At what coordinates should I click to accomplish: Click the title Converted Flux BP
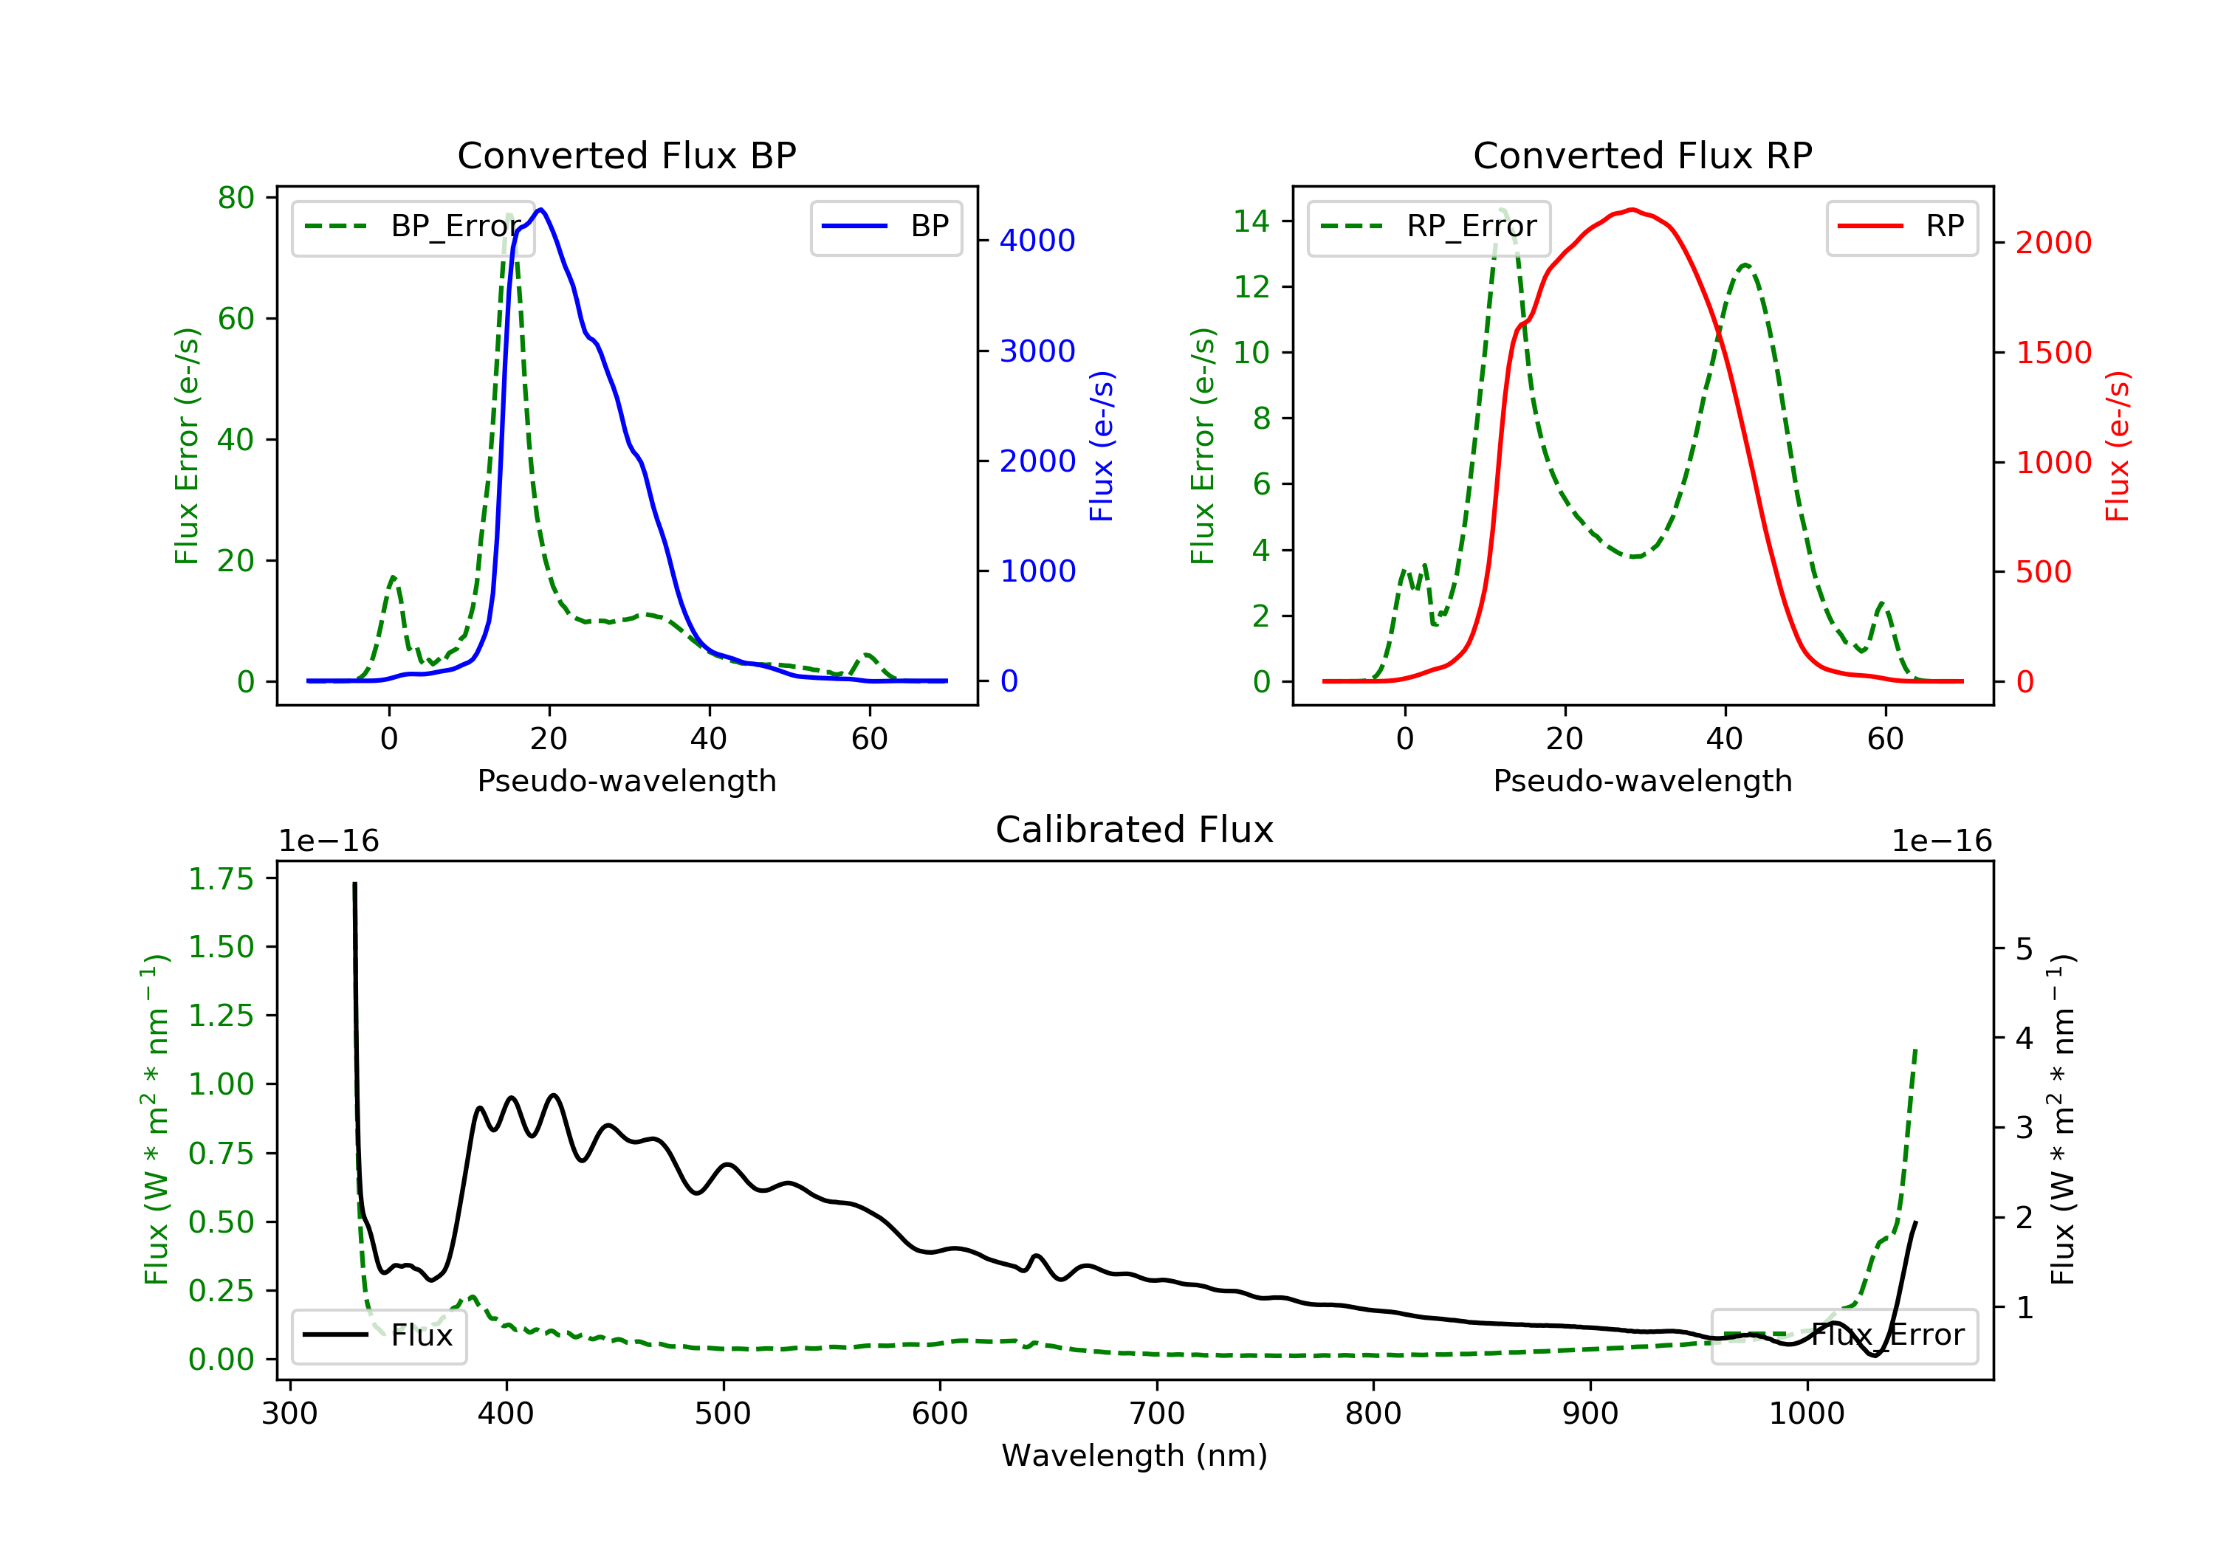626,155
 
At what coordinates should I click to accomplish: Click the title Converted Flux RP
1642,155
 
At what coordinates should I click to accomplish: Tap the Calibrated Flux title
1135,830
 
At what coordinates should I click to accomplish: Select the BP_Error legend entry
413,227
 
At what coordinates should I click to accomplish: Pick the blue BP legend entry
885,227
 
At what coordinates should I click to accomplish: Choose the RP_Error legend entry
1429,227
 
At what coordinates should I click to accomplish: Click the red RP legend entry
1901,227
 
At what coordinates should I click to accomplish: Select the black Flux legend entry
378,1335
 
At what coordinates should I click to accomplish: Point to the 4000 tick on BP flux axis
1037,240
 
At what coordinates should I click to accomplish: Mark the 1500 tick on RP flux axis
2053,352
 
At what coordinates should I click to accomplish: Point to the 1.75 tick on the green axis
221,878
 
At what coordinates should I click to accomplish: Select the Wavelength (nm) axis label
1135,1456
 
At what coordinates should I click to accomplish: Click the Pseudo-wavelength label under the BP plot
627,780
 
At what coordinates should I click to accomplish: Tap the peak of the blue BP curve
541,210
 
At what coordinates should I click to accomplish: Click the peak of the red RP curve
1631,210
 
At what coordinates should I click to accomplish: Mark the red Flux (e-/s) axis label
2117,447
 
